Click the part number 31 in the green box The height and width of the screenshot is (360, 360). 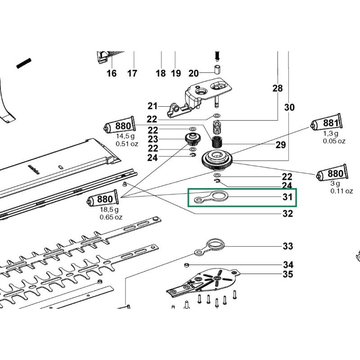click(x=288, y=197)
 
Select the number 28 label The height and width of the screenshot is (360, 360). click(x=278, y=89)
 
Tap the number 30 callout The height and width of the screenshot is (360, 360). click(x=289, y=107)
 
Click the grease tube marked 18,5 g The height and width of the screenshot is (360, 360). click(x=102, y=199)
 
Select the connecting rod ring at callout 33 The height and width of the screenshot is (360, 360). click(x=211, y=246)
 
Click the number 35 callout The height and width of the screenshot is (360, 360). click(x=288, y=274)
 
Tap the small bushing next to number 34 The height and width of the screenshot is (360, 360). click(x=186, y=264)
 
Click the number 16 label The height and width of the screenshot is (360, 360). click(x=111, y=73)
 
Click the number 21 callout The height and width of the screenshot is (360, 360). click(x=153, y=106)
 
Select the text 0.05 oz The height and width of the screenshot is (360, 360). click(x=334, y=141)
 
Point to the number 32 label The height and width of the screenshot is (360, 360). click(x=288, y=214)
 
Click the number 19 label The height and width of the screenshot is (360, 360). click(x=175, y=73)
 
